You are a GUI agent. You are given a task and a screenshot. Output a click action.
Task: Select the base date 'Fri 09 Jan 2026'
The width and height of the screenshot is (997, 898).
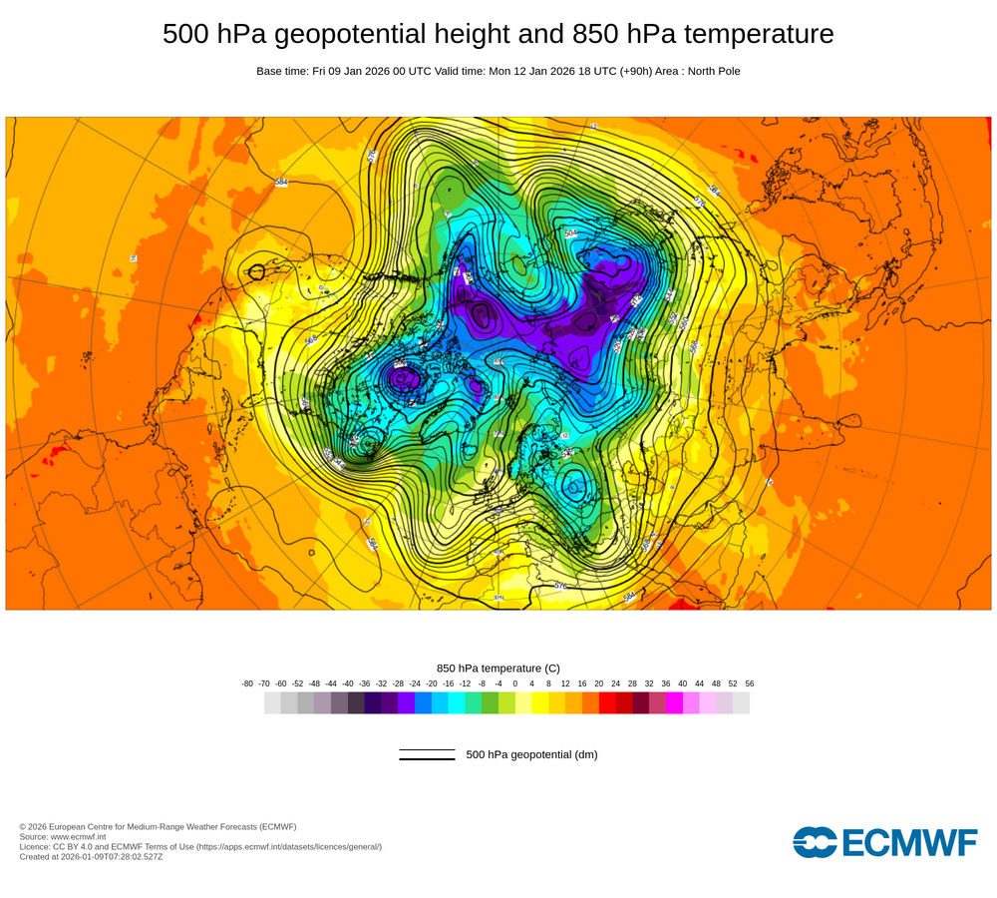coord(359,71)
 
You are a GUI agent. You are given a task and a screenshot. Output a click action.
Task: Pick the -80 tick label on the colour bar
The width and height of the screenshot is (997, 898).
coord(247,683)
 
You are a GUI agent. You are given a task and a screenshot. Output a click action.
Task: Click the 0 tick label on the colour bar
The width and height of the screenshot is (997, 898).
coord(514,683)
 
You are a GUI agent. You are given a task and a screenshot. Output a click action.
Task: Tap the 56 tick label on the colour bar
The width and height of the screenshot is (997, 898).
coord(749,683)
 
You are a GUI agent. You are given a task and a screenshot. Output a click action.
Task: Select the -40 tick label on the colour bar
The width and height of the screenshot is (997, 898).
coord(348,683)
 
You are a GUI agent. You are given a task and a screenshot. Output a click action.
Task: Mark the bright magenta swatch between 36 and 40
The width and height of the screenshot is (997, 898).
coord(674,702)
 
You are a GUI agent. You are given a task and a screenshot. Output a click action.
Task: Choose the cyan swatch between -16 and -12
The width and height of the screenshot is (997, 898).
coord(457,702)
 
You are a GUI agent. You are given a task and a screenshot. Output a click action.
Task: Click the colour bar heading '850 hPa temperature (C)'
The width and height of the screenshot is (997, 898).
coord(498,668)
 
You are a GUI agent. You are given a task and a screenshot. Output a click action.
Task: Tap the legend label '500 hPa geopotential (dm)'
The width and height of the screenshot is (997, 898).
coord(531,754)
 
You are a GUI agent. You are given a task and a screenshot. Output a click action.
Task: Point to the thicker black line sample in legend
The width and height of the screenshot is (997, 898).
coord(427,759)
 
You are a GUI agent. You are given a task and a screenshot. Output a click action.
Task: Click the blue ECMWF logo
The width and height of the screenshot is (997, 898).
coord(885,842)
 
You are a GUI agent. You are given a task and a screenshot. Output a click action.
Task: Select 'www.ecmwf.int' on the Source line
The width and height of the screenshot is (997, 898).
coord(79,836)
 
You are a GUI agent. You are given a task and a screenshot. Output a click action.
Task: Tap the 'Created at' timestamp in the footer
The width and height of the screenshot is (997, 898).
coord(91,856)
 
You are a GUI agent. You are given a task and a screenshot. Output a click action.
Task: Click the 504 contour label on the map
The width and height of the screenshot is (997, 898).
coord(570,233)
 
